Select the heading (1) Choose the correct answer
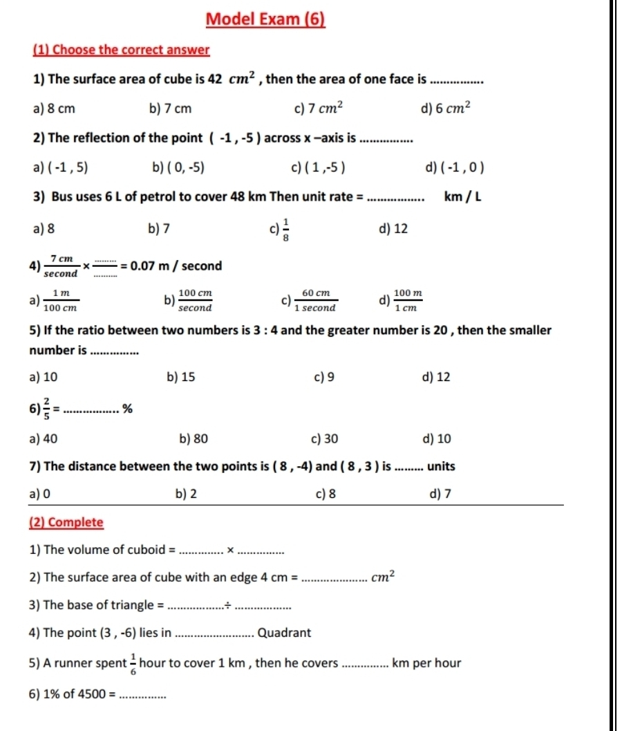(x=121, y=50)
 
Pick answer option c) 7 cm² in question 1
(x=319, y=109)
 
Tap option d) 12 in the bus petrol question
(x=394, y=228)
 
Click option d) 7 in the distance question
(x=435, y=493)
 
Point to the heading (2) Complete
(x=67, y=522)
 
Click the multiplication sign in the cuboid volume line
(x=232, y=550)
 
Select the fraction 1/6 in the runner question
(x=132, y=663)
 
